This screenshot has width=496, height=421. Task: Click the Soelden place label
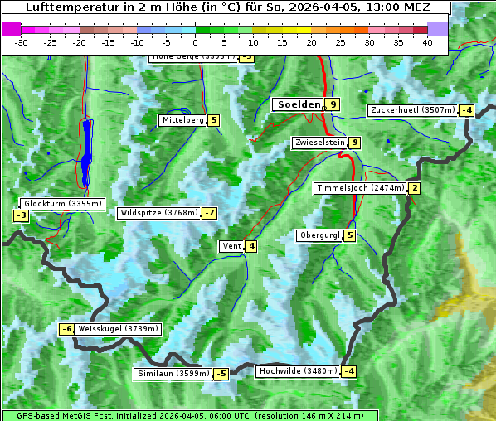298,104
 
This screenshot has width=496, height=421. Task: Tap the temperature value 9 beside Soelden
333,104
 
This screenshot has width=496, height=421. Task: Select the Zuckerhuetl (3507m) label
413,110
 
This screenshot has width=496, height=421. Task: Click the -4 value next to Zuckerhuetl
467,110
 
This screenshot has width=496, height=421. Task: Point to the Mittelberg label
182,120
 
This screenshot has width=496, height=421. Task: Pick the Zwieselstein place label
319,143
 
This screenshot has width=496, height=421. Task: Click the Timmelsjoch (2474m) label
360,188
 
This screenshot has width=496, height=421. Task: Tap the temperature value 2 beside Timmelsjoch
414,188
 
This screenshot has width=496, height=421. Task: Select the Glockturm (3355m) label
63,203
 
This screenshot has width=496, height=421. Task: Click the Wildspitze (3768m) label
159,213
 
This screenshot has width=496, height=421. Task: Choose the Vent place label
231,246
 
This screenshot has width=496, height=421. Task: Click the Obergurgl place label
319,235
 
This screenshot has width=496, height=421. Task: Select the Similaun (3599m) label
173,374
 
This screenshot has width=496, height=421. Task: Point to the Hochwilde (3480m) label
297,371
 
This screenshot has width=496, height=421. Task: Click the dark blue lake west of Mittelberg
86,153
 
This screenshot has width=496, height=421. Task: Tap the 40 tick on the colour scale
427,42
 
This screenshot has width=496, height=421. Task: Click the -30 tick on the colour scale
22,42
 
